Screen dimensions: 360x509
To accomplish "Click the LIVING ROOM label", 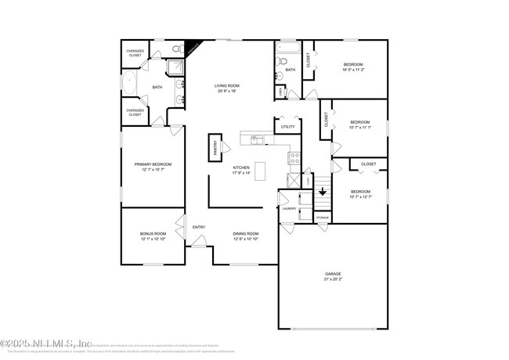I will click(x=228, y=85).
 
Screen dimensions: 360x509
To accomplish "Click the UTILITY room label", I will click(x=287, y=126).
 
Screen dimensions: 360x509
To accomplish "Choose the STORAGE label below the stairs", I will click(x=323, y=216).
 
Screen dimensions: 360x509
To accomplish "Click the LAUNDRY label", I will click(x=288, y=208).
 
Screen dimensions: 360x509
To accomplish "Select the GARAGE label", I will click(x=333, y=273).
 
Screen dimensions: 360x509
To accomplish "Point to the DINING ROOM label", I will click(x=246, y=233).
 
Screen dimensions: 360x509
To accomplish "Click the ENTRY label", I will click(x=199, y=227).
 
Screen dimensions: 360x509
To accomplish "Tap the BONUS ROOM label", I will click(x=153, y=233).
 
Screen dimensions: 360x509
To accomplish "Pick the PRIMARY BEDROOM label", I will click(x=153, y=164).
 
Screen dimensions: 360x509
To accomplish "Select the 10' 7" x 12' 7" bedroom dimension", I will click(x=359, y=197).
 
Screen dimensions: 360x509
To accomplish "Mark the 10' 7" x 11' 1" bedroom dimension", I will click(x=359, y=127).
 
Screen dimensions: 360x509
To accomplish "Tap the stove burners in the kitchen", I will click(x=294, y=157).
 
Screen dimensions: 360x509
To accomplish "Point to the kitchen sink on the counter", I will click(x=254, y=140).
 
